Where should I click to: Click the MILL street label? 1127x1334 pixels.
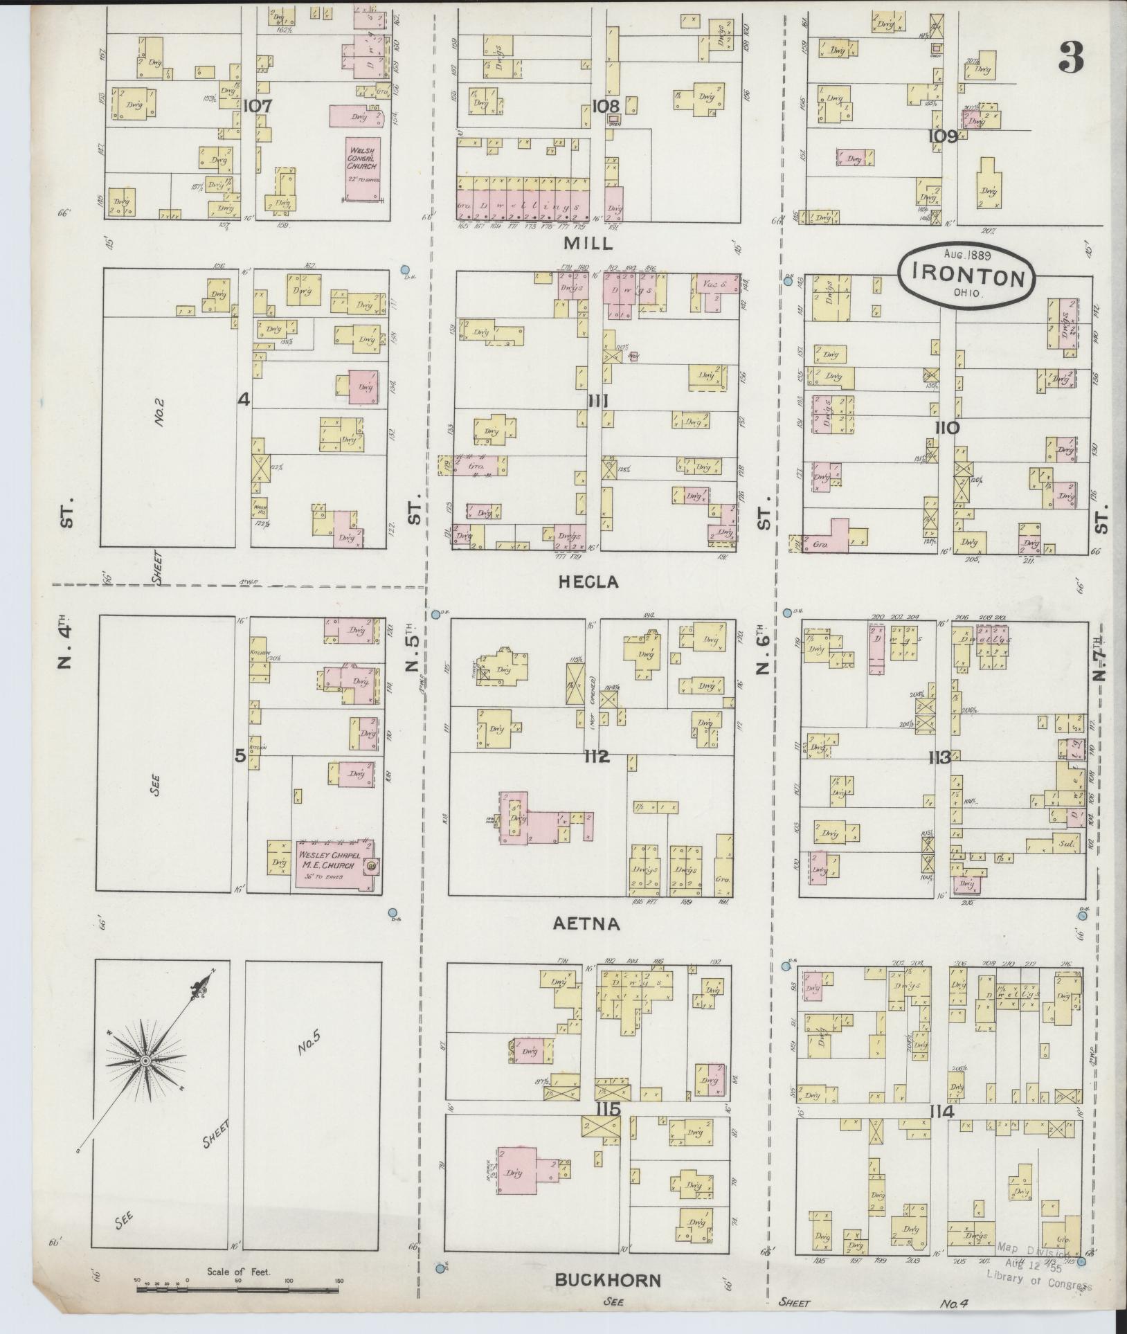coord(588,244)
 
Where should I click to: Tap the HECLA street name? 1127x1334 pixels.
coord(588,582)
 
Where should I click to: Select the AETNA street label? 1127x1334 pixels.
coord(586,923)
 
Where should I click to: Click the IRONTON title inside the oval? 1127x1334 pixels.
coord(968,277)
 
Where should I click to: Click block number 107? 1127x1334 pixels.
coord(258,107)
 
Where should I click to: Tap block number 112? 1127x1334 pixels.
coord(596,757)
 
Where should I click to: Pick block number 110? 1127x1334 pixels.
coord(947,428)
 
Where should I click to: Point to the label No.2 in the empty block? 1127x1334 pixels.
coord(159,411)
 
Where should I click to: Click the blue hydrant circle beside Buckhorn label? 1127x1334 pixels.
coord(440,1268)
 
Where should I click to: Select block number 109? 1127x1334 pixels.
coord(944,136)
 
